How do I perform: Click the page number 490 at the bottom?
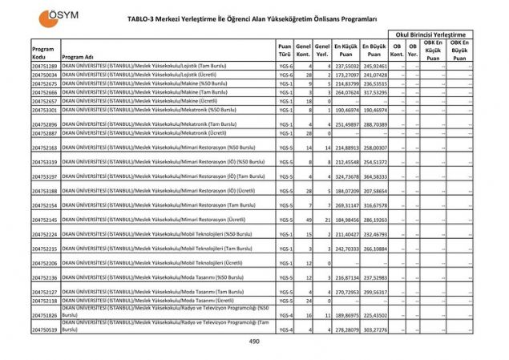[x=255, y=342]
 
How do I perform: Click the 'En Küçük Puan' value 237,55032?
[x=346, y=66]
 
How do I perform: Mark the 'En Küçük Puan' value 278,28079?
[x=346, y=330]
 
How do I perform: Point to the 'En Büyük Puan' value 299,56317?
[x=374, y=292]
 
